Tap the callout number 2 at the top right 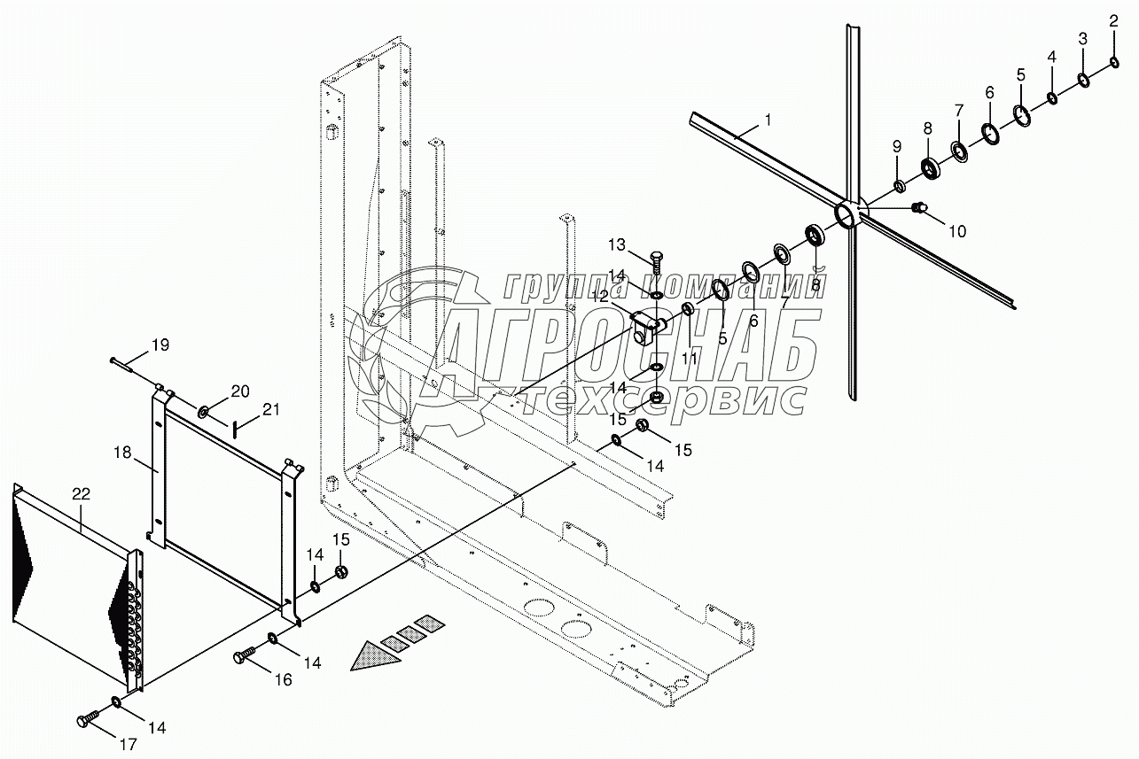point(1114,20)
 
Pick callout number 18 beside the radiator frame point(123,453)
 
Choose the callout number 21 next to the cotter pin point(270,408)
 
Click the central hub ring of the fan point(848,215)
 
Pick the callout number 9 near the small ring point(896,146)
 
